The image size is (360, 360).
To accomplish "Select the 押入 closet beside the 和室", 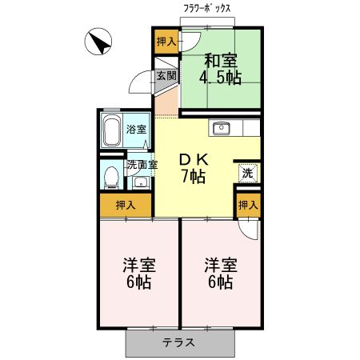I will [x=166, y=42].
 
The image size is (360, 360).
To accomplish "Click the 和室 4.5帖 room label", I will [x=222, y=68].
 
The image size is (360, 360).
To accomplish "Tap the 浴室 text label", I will [x=136, y=129].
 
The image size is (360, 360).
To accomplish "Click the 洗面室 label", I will [x=142, y=165].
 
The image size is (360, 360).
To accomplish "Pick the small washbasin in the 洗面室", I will [x=142, y=182].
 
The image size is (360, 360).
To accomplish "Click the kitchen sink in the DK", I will [x=221, y=128].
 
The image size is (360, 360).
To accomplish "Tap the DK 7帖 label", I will [x=193, y=167].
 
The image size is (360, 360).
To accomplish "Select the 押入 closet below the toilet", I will [x=126, y=205].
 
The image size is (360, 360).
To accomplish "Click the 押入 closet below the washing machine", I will [x=248, y=205].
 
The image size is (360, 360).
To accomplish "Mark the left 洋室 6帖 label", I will [x=138, y=274].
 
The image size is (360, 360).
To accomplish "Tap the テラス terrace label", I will [x=181, y=342].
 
